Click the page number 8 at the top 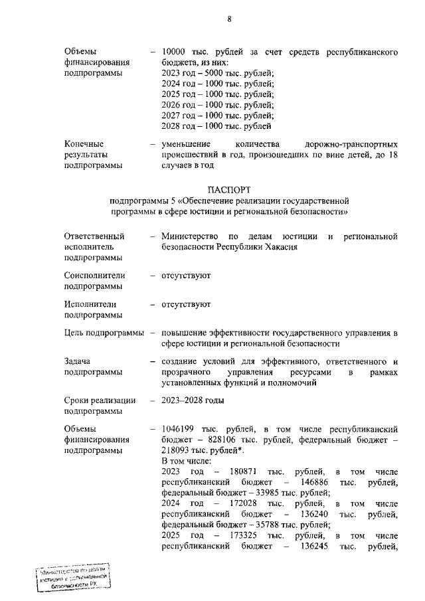[229, 19]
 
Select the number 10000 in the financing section [175, 52]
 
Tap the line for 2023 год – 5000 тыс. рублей [218, 73]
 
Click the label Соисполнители [95, 275]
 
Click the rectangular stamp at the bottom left [73, 576]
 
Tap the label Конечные [84, 143]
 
